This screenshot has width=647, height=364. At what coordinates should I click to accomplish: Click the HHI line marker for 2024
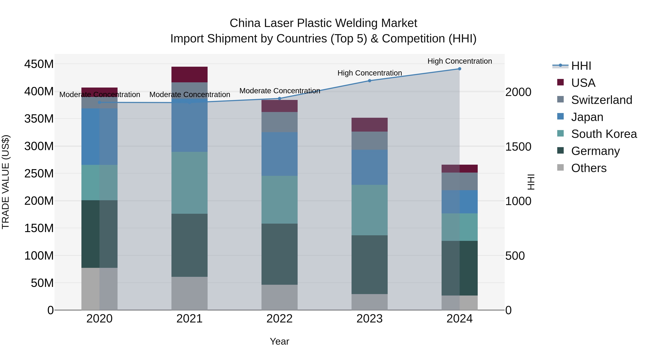point(459,69)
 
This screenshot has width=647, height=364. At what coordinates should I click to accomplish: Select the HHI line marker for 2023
point(370,81)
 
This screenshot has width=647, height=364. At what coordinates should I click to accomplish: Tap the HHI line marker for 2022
point(279,99)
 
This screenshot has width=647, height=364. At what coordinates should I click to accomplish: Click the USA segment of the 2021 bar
point(189,74)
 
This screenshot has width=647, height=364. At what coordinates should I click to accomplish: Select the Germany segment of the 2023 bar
point(370,265)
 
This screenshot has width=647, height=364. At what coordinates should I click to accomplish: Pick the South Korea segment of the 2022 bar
point(279,200)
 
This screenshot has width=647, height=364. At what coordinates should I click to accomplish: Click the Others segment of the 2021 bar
point(189,293)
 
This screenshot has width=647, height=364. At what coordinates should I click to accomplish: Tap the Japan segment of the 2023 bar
point(370,167)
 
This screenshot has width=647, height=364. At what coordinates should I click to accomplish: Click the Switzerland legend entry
point(601,100)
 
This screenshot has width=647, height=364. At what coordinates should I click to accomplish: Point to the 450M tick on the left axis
point(39,64)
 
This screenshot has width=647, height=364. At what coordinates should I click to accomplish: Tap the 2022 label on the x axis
point(279,319)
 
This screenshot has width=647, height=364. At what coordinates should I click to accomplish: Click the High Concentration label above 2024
point(459,61)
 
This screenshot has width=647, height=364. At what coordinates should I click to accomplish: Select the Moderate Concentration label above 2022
point(279,91)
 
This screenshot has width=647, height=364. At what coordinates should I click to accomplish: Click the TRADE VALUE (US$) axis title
point(6,182)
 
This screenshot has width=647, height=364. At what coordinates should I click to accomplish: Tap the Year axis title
point(279,341)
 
